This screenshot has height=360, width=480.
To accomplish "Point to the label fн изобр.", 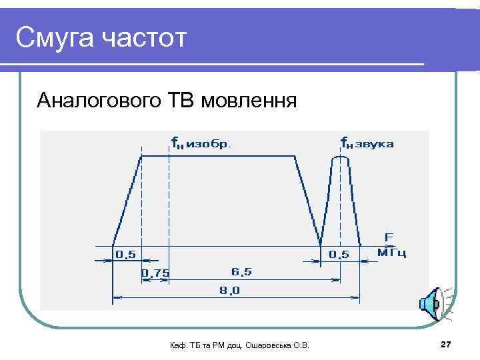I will pyautogui.click(x=201, y=143).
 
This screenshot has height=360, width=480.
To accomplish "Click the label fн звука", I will pyautogui.click(x=367, y=143).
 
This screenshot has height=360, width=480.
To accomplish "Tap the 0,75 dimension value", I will pyautogui.click(x=155, y=273).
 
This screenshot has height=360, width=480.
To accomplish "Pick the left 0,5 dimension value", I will pyautogui.click(x=126, y=254).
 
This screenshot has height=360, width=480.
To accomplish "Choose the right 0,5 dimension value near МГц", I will pyautogui.click(x=339, y=254).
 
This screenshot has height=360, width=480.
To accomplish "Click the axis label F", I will pyautogui.click(x=389, y=237).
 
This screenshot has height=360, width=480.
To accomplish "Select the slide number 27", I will pyautogui.click(x=446, y=343).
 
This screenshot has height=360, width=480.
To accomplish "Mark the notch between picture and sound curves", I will pyautogui.click(x=321, y=240).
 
